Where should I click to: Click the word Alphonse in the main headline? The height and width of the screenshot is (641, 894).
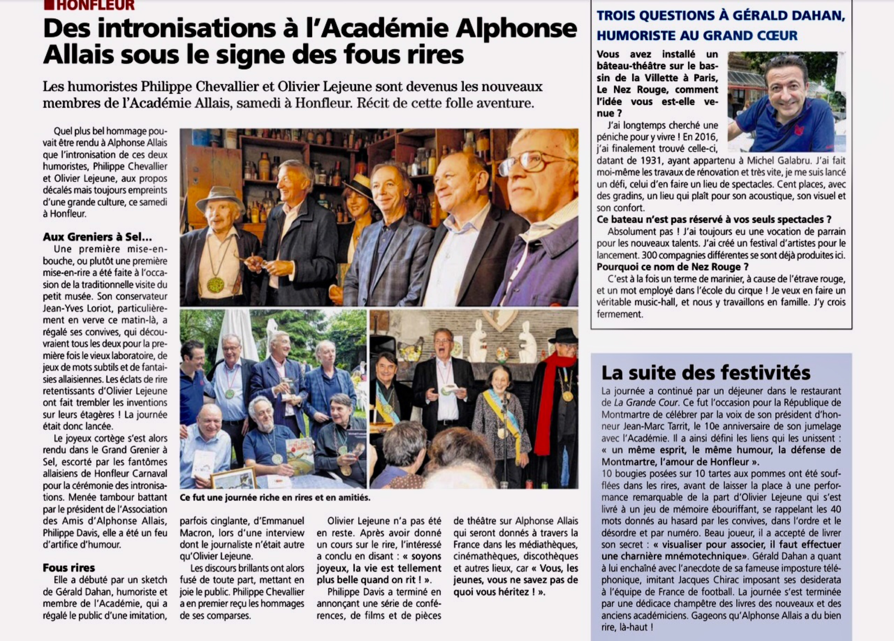pyautogui.click(x=512, y=28)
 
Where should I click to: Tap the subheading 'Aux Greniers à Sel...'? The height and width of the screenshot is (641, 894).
pyautogui.click(x=97, y=237)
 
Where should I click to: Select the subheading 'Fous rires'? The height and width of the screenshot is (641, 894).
pyautogui.click(x=69, y=568)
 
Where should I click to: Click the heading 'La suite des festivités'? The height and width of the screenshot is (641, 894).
pyautogui.click(x=706, y=373)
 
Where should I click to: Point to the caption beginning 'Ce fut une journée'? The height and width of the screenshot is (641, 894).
pyautogui.click(x=275, y=498)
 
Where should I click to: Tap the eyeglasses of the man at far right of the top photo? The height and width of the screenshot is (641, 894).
pyautogui.click(x=528, y=162)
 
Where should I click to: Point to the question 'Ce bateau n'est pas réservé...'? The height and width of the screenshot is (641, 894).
pyautogui.click(x=713, y=220)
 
